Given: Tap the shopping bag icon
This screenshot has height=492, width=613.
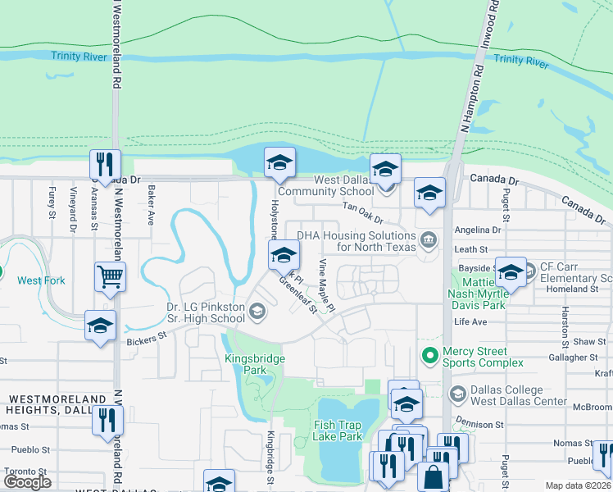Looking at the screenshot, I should tap(433, 476).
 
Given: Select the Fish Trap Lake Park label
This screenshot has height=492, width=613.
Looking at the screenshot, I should tap(338, 430).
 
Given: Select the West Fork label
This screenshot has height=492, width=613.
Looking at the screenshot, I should tap(41, 280).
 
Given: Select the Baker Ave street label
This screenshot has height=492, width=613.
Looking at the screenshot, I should tap(151, 205).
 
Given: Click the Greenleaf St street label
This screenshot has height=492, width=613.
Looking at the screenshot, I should tap(297, 294).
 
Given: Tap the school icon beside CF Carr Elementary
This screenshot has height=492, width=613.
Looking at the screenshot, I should tap(511, 272).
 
